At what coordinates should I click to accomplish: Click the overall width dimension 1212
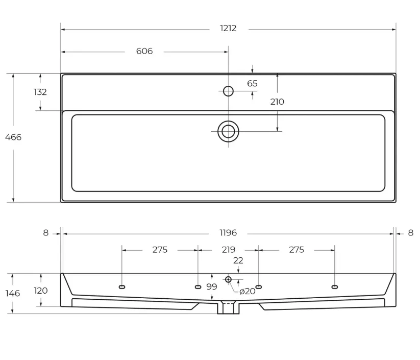click(228, 28)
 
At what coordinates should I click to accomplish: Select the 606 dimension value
click(144, 51)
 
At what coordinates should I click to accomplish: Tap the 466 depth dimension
click(13, 137)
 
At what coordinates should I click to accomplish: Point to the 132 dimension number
click(40, 92)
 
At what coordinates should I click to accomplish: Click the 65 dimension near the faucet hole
click(252, 83)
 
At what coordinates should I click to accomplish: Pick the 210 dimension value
click(277, 102)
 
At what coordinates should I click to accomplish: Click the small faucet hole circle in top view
click(228, 91)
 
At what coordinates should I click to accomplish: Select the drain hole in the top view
click(228, 131)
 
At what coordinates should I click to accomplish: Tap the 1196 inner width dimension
click(228, 233)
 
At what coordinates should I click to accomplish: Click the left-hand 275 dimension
click(160, 250)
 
